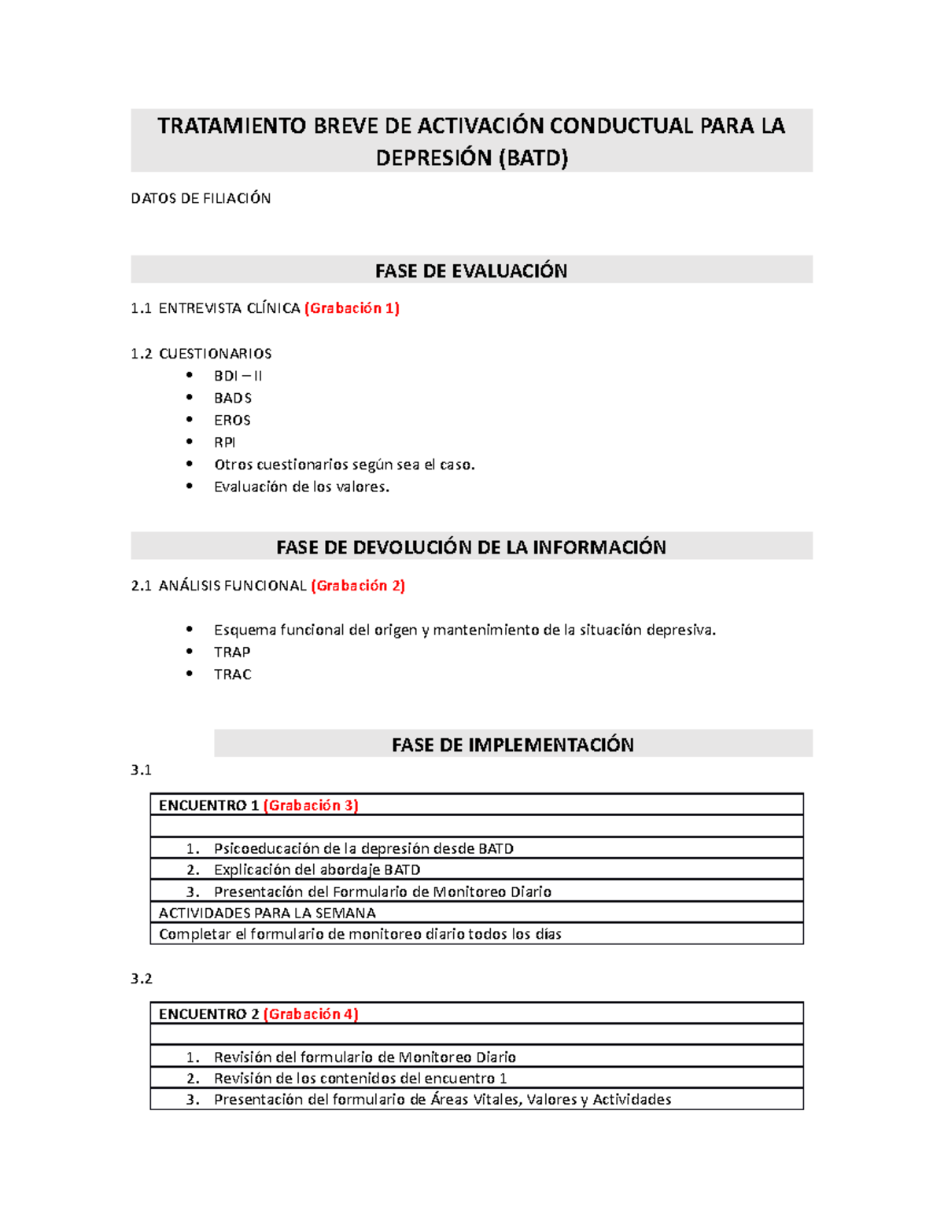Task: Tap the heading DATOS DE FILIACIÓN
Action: pos(201,198)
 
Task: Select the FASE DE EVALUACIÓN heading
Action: pos(471,270)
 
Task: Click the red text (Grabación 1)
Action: pos(352,308)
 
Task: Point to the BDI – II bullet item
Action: pos(238,376)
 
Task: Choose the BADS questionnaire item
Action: pos(233,398)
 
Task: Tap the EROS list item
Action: pos(232,420)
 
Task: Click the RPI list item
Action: pos(224,442)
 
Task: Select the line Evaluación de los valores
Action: pos(301,487)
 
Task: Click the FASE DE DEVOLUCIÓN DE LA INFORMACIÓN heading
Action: pos(471,547)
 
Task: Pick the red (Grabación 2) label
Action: pos(358,586)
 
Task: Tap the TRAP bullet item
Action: pos(232,652)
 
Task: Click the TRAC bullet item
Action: pos(232,674)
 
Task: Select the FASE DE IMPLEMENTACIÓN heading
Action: pos(513,745)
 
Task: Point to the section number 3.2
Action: pos(142,978)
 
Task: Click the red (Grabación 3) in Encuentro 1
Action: pos(311,805)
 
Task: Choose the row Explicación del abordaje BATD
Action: pos(317,870)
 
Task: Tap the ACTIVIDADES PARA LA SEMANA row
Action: pos(267,913)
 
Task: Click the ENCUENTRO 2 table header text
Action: pos(209,1014)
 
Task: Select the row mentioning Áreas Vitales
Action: pos(442,1099)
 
